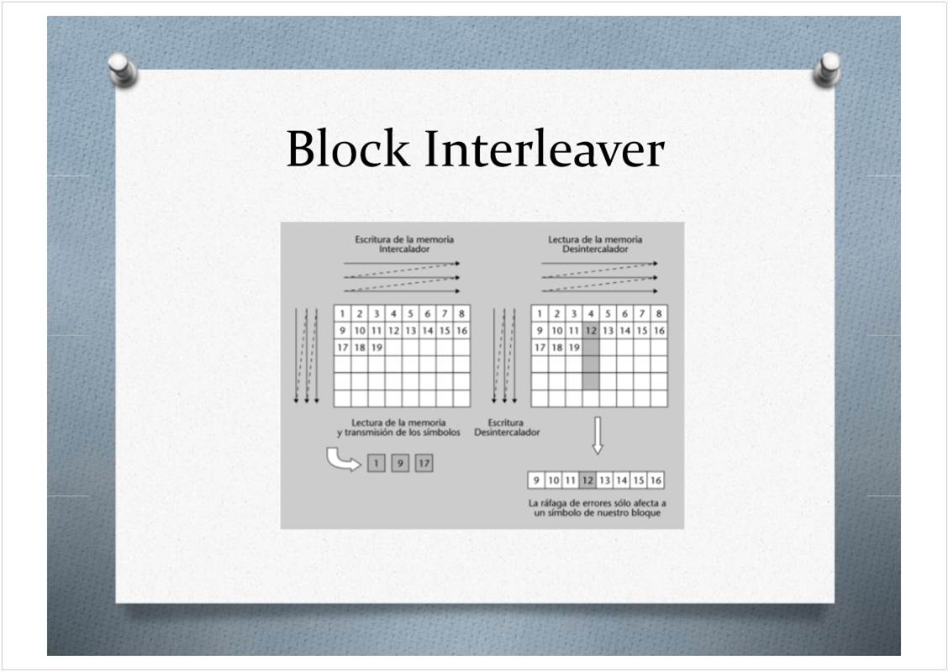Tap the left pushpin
123,70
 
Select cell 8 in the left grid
462,313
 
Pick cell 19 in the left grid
377,348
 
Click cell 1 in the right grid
540,313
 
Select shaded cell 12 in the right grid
591,331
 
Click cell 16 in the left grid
462,331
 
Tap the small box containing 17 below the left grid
424,464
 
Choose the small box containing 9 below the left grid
400,464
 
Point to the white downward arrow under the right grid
598,435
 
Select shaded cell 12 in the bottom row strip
587,480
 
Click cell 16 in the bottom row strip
656,480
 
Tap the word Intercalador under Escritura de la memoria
404,249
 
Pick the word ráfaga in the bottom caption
555,503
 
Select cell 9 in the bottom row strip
536,480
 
